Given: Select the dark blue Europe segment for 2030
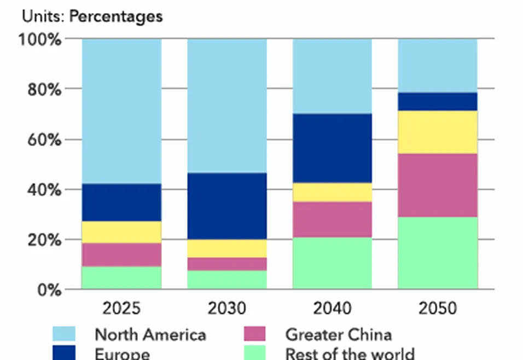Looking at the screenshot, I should [x=227, y=206].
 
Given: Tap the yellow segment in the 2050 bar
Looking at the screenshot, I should [x=438, y=132].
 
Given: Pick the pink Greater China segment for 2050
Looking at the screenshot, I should [x=438, y=185].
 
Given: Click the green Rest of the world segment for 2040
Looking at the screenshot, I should [x=333, y=263].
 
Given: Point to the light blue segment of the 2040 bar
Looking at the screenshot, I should [x=333, y=76].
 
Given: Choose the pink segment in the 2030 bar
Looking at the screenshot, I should [x=227, y=264].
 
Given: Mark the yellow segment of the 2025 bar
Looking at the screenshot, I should [x=121, y=232].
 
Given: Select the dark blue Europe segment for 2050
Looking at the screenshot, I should [x=438, y=101].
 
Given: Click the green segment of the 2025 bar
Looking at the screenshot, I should [x=121, y=277].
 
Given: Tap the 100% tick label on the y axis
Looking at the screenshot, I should [x=41, y=39].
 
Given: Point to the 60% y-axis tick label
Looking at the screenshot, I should [x=44, y=140].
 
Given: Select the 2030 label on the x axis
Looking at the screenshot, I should [x=227, y=309].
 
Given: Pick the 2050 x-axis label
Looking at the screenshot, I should [x=438, y=309].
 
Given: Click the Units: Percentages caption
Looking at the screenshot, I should [x=92, y=16].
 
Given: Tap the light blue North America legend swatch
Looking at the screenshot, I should [x=63, y=334].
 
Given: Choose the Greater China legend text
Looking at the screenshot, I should [x=338, y=334].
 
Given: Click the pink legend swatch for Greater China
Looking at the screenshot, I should [x=254, y=334].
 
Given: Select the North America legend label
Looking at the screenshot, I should [x=150, y=334].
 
